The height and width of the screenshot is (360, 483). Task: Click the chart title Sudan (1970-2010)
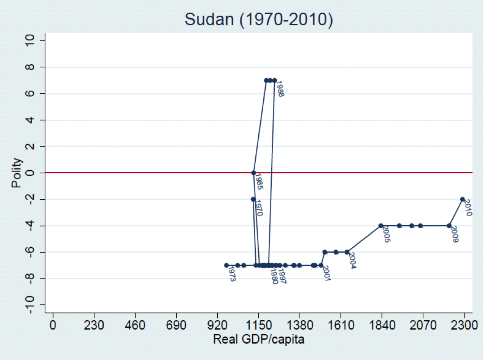259,19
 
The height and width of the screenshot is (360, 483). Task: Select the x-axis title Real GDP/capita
258,339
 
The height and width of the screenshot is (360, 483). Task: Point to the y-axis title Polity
16,173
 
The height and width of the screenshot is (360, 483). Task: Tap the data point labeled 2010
463,199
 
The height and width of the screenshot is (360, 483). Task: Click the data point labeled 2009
449,226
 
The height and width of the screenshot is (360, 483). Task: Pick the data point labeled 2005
381,226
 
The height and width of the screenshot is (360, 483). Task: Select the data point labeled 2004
347,252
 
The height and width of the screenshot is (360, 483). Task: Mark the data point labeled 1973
226,265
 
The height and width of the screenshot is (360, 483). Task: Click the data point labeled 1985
254,173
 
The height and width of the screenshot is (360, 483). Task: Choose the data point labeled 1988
275,80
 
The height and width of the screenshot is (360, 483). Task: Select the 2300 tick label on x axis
464,325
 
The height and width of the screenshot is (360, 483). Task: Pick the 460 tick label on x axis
135,325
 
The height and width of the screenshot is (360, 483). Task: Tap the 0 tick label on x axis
53,325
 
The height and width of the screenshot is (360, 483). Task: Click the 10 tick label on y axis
29,40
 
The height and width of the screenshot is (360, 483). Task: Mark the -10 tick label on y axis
29,305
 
